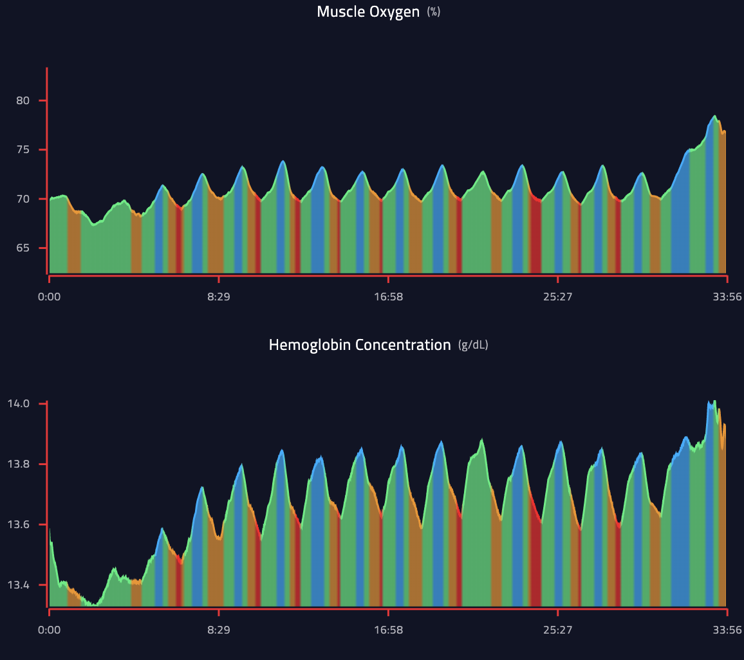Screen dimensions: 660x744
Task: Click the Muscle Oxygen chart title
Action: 367,12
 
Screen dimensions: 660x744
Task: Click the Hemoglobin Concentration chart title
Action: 360,345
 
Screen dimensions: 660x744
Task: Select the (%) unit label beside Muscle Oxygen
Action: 434,12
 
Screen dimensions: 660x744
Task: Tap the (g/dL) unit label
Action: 473,345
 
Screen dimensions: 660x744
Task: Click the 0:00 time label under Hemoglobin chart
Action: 50,630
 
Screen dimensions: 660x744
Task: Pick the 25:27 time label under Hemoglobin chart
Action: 557,630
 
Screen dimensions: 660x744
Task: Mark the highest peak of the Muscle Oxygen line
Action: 714,116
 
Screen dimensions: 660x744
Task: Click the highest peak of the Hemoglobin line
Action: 714,401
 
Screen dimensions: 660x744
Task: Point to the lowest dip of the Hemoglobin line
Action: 94,605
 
